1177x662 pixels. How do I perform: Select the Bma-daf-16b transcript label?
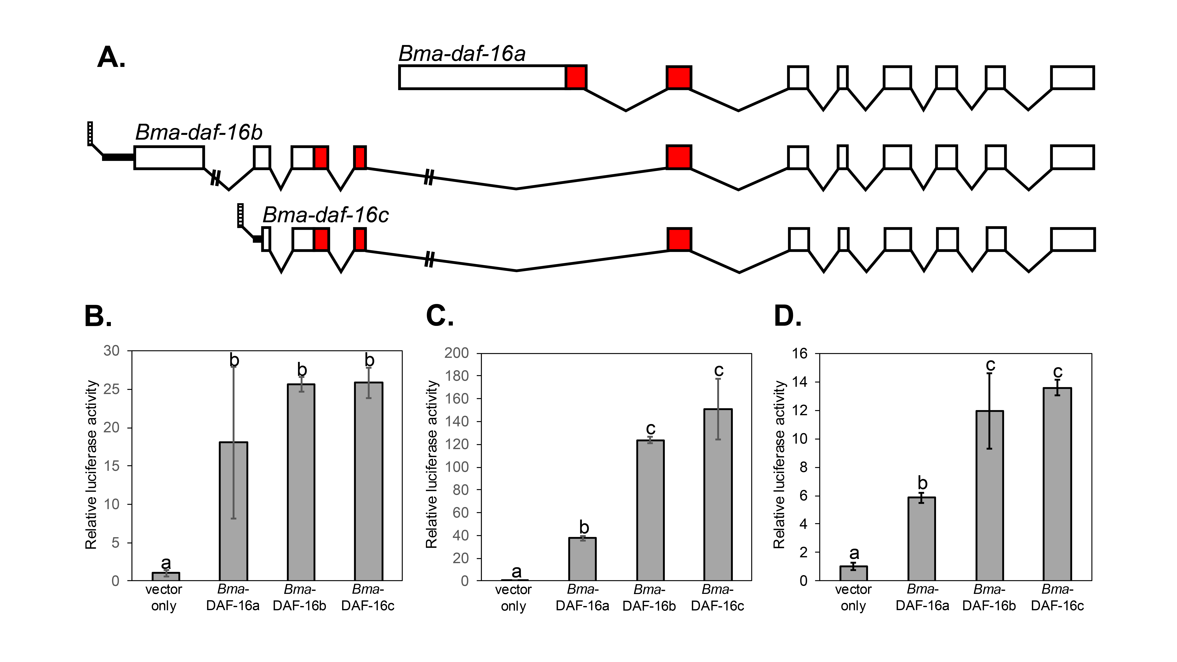point(199,133)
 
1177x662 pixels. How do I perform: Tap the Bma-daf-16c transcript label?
point(325,215)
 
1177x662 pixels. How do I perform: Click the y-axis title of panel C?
point(432,464)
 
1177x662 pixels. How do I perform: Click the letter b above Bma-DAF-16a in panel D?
point(922,483)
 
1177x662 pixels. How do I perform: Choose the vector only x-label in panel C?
point(513,598)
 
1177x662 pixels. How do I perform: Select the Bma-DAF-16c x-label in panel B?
point(368,598)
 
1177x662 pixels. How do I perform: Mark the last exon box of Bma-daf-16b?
point(1072,157)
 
